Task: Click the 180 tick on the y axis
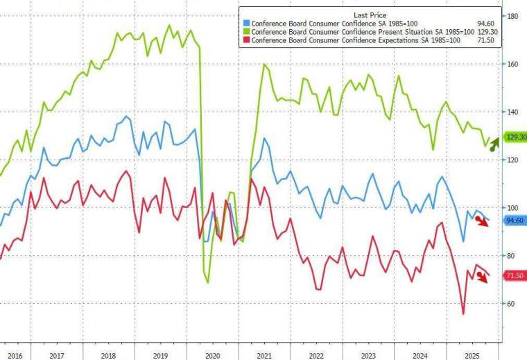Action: point(514,16)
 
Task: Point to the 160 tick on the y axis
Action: point(514,64)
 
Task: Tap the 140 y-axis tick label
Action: point(514,112)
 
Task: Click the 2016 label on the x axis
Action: point(14,354)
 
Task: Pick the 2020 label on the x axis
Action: point(213,354)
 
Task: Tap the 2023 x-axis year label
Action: point(368,354)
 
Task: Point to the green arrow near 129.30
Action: point(493,144)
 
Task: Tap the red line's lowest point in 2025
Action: point(463,314)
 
